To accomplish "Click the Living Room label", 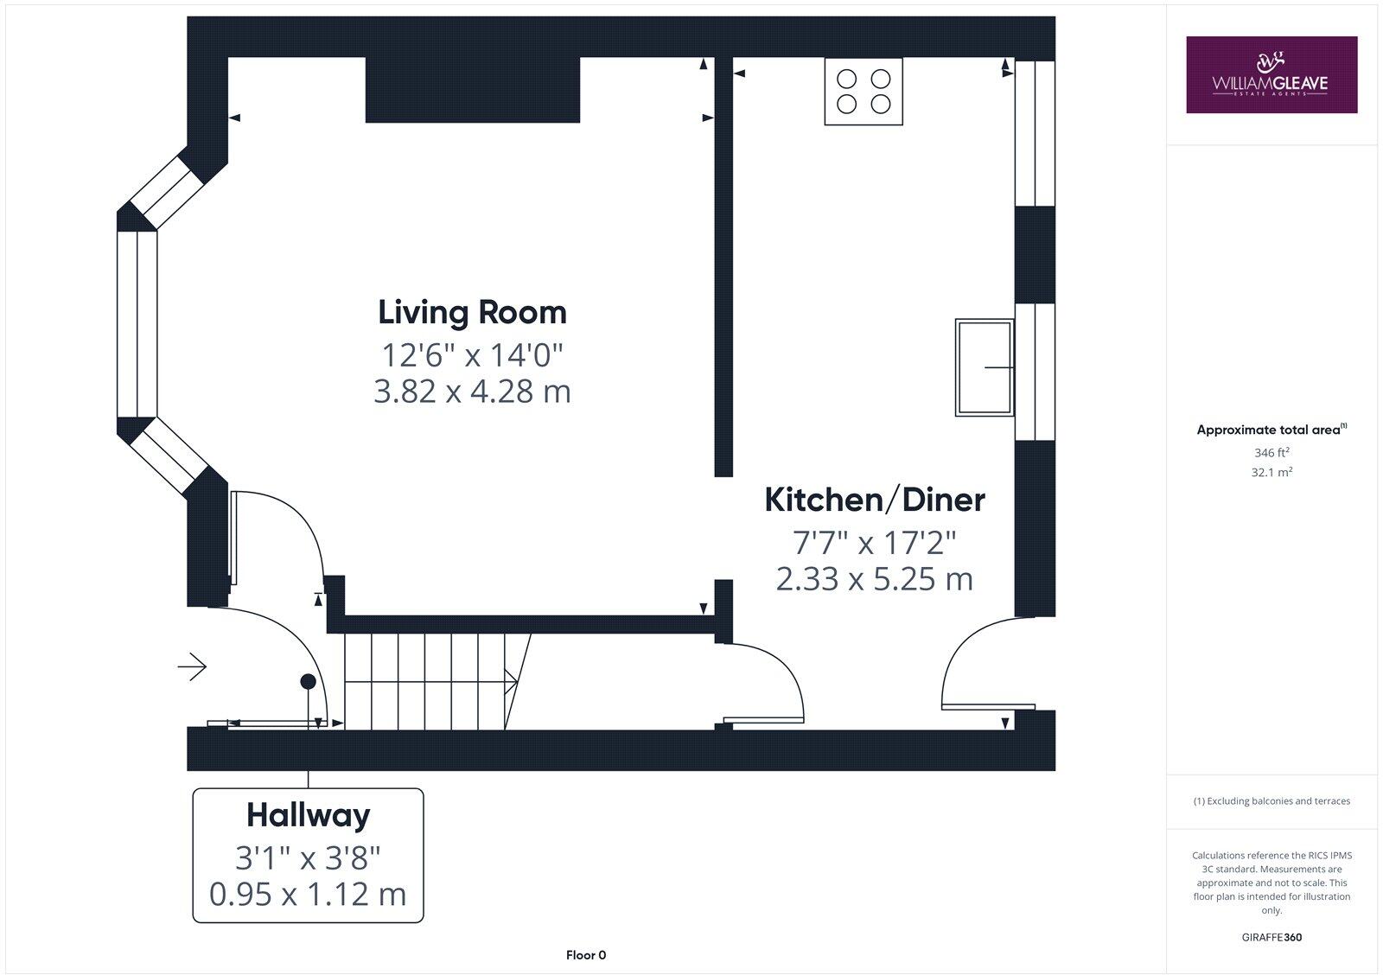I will [x=472, y=312].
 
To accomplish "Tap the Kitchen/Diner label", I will [x=875, y=500].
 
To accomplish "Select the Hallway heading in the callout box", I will [x=308, y=815].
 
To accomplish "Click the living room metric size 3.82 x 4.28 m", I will [x=472, y=392].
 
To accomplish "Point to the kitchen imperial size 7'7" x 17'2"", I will [x=875, y=543].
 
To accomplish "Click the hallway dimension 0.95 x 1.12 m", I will [x=308, y=894].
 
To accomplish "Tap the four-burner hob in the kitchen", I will [x=864, y=92].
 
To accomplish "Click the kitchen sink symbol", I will [x=985, y=367].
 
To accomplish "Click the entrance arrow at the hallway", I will [x=192, y=666].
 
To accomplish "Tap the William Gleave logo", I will [x=1271, y=75].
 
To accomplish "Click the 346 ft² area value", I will [x=1271, y=452].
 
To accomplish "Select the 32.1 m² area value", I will [x=1272, y=473].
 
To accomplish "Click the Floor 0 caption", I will [x=586, y=955].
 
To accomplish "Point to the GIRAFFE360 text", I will [x=1271, y=937].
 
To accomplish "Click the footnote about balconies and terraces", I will [x=1271, y=801].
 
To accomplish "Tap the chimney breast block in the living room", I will [x=472, y=90].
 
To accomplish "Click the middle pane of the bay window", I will [x=137, y=324].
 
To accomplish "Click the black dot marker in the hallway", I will [x=307, y=682].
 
